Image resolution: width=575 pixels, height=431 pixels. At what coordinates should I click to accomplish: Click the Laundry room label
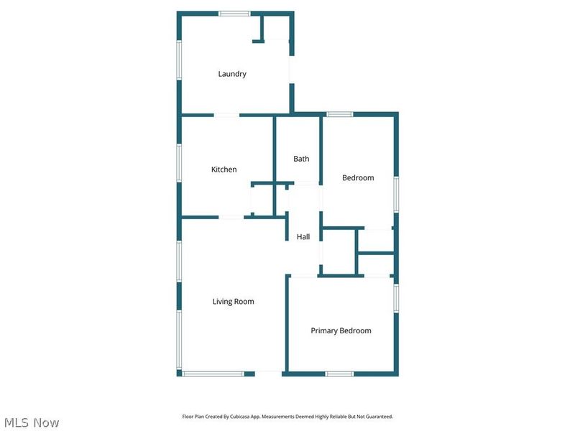point(232,74)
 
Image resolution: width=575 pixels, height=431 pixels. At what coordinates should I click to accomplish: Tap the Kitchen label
point(224,170)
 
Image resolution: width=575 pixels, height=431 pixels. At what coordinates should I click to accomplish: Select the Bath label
point(301,159)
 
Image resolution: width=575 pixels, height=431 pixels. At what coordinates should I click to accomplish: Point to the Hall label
point(303,237)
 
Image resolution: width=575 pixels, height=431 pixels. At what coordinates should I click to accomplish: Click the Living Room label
point(233,302)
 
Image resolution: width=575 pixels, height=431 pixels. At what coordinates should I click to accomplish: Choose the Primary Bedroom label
point(341,330)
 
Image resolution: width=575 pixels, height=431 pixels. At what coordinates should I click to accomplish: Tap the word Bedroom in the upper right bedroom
point(357,177)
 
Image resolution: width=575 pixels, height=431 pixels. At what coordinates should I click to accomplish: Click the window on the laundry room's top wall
point(234,13)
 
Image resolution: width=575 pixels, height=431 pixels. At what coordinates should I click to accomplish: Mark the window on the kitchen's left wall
point(180,164)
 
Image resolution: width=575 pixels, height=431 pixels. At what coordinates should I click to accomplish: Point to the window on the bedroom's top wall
point(340,114)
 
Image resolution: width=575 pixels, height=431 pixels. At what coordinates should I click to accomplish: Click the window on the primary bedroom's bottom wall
point(339,374)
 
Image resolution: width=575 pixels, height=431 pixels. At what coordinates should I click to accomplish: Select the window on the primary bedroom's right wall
point(396,297)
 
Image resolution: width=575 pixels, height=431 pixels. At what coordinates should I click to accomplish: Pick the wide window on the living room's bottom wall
point(213,374)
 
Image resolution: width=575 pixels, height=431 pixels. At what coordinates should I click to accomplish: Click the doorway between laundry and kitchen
point(226,115)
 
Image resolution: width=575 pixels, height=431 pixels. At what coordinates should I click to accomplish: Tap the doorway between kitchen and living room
point(231,217)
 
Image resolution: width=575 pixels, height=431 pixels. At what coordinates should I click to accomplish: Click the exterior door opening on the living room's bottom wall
point(268,373)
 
